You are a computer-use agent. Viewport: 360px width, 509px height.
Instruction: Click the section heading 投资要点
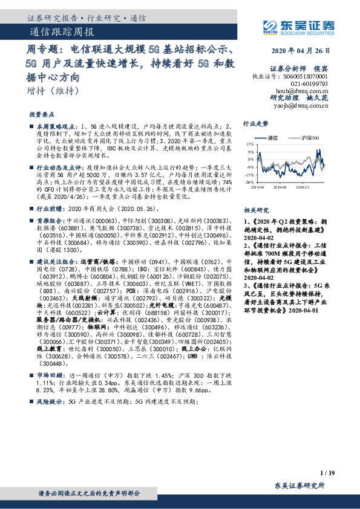pos(42,114)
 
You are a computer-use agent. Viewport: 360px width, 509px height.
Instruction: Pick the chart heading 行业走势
pos(255,123)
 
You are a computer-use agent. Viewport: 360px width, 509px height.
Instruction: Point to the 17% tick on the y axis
pos(249,145)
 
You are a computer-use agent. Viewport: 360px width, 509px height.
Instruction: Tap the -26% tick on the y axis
pos(249,182)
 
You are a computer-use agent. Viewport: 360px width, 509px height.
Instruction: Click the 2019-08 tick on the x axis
pos(280,188)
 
